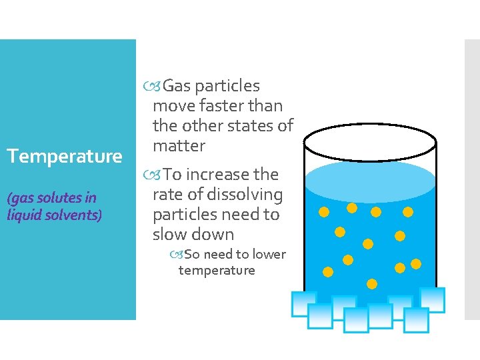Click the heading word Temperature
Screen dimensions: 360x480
pyautogui.click(x=64, y=157)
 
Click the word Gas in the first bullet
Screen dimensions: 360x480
pyautogui.click(x=176, y=86)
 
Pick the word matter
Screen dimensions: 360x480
pyautogui.click(x=179, y=145)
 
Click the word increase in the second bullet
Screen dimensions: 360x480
pyautogui.click(x=217, y=175)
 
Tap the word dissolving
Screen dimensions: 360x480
pyautogui.click(x=246, y=195)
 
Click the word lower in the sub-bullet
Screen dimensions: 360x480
pyautogui.click(x=269, y=254)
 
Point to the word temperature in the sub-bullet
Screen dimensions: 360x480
pyautogui.click(x=217, y=270)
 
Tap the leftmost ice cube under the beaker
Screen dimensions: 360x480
pyautogui.click(x=303, y=304)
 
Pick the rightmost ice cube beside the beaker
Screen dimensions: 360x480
pyautogui.click(x=432, y=299)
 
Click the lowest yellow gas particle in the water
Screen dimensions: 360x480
pyautogui.click(x=372, y=284)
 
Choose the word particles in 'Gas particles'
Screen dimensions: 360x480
pyautogui.click(x=227, y=86)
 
